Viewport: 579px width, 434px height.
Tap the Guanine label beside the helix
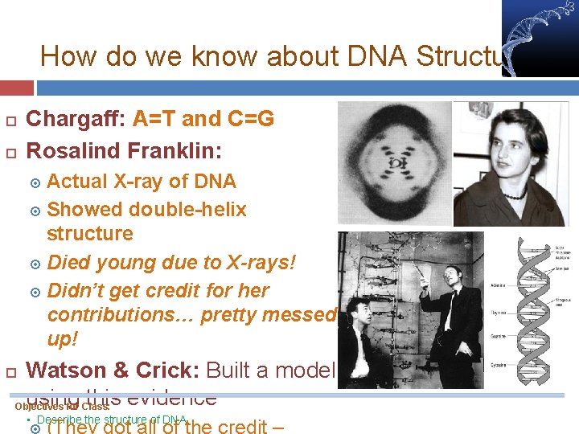tap(499, 340)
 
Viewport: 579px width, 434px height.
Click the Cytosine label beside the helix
tap(499, 366)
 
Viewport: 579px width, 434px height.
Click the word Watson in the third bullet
tap(66, 371)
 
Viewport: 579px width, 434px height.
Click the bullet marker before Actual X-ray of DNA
tap(35, 182)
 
